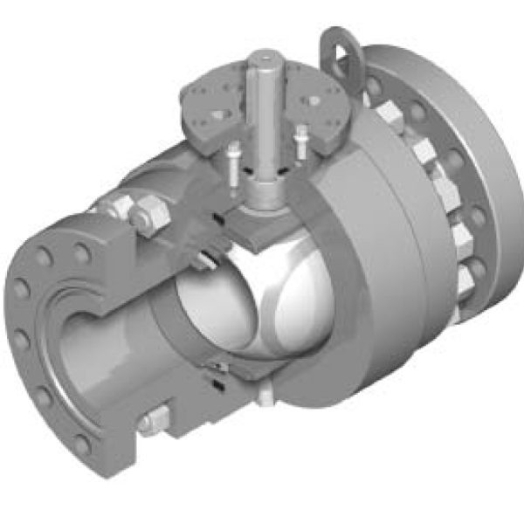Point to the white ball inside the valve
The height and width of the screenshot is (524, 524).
point(262,301)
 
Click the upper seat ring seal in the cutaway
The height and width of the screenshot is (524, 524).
point(210,258)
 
